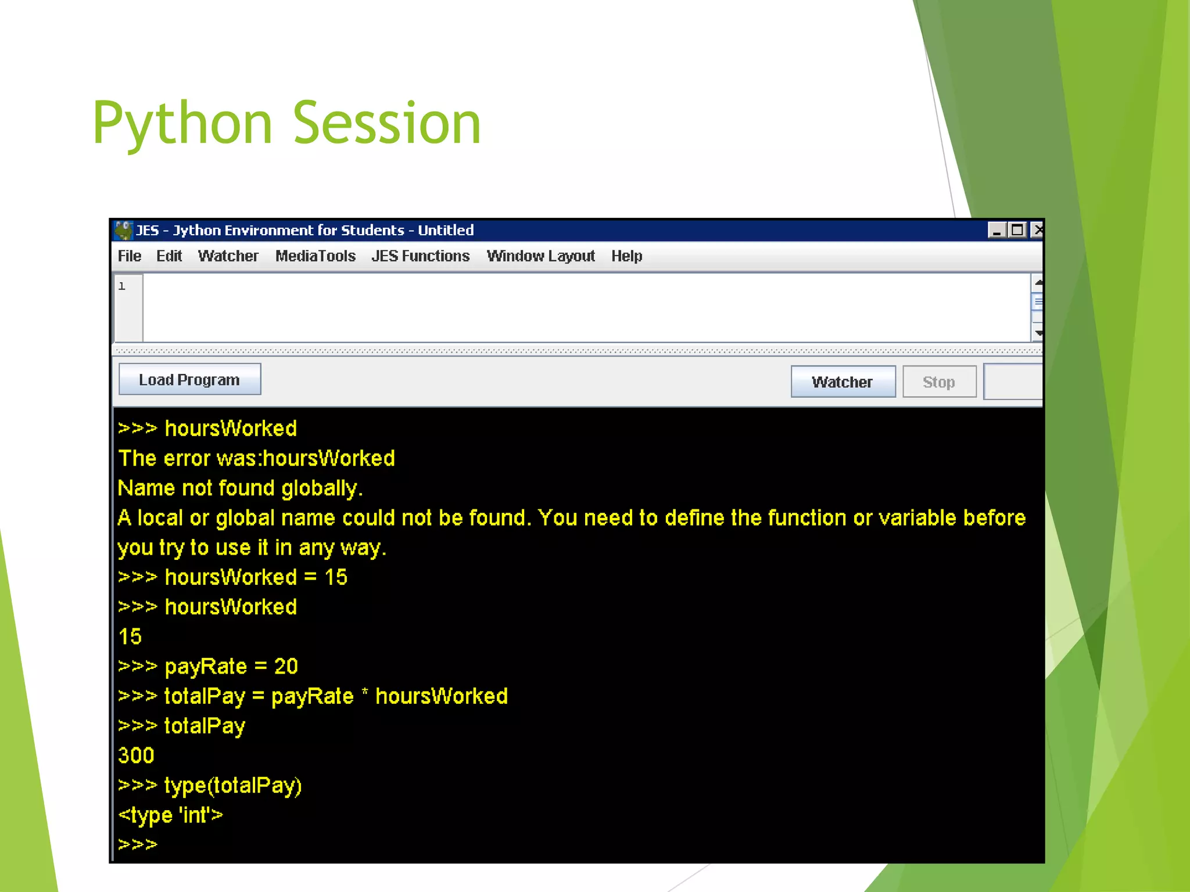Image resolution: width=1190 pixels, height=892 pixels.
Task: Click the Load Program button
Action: point(189,380)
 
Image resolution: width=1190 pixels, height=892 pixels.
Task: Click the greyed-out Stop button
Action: point(938,382)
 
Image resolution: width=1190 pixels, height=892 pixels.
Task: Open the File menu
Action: point(129,256)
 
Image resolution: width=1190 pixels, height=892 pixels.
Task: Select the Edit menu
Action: point(169,256)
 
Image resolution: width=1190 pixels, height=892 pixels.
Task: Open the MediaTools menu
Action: point(315,256)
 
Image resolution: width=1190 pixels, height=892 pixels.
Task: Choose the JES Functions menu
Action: point(420,256)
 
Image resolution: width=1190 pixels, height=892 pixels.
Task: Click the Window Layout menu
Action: point(540,256)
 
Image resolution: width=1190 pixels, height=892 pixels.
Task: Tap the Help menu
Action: point(626,256)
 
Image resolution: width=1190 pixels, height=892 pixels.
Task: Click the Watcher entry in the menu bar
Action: point(228,256)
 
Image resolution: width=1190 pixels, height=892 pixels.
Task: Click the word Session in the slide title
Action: point(387,123)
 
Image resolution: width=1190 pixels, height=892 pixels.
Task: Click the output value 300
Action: point(136,756)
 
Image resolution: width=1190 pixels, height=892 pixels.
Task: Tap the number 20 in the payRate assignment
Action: point(286,666)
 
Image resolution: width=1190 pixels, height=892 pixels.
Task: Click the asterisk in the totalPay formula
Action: point(365,693)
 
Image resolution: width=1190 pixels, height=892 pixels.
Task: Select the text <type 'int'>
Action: point(170,815)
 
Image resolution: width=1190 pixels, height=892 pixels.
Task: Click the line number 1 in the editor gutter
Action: point(122,286)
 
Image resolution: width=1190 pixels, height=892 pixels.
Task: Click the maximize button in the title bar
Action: point(1017,231)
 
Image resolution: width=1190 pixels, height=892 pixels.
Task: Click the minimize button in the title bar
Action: point(997,231)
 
